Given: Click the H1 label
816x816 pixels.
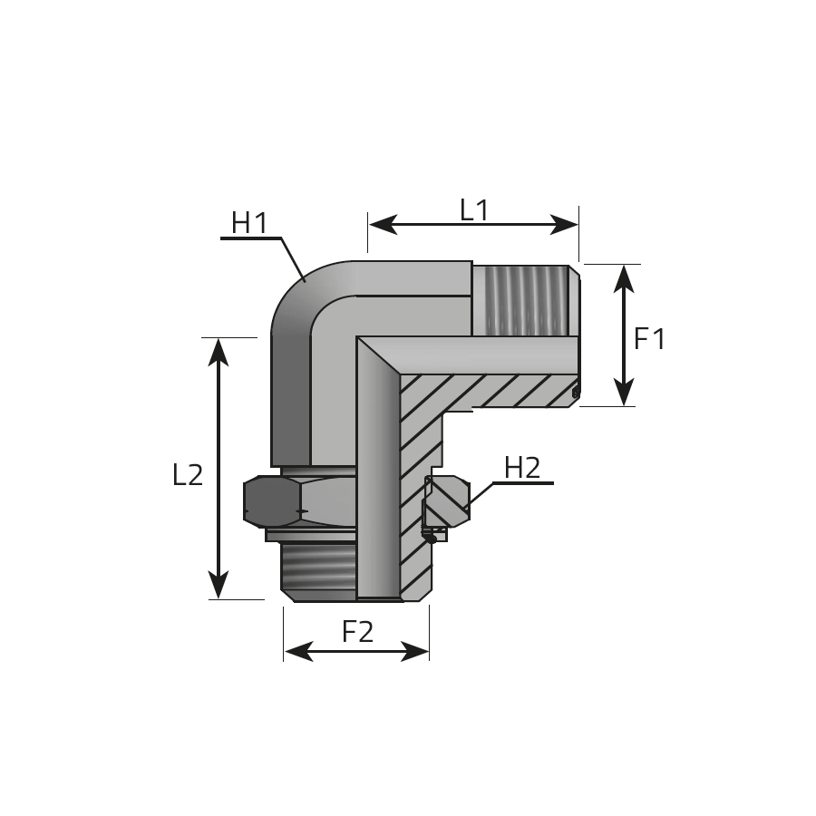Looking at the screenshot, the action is [249, 223].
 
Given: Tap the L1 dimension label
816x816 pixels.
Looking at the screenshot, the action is [474, 209].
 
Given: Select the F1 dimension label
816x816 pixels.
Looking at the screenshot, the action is [649, 339].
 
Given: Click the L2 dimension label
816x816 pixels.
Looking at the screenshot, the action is [188, 474].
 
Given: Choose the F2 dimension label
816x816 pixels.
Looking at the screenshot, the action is [357, 631].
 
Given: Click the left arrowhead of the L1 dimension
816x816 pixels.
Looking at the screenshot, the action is [384, 225].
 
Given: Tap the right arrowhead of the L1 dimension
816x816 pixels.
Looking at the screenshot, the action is [564, 225].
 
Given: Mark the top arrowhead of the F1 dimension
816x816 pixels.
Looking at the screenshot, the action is [624, 278].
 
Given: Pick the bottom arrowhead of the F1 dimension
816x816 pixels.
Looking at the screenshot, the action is [624, 392].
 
